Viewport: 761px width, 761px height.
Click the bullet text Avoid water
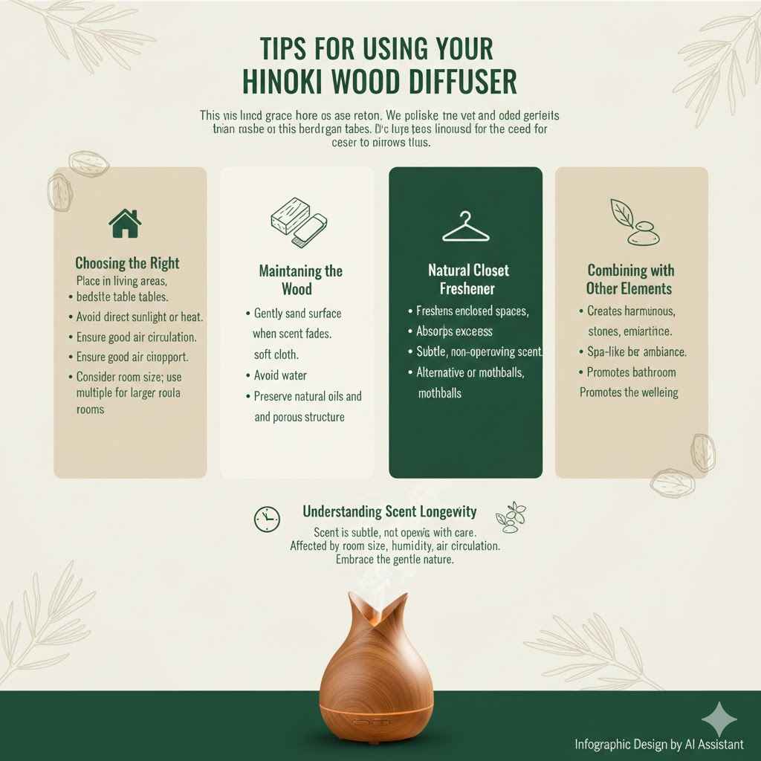280,375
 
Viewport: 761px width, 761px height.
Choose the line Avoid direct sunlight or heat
140,317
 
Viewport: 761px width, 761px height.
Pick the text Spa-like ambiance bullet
636,351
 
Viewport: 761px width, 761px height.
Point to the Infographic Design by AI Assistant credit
659,744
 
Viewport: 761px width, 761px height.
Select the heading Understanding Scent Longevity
389,512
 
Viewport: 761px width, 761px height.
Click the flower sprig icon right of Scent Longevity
511,516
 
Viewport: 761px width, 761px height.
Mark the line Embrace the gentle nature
394,560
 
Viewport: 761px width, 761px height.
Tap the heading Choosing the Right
127,263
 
